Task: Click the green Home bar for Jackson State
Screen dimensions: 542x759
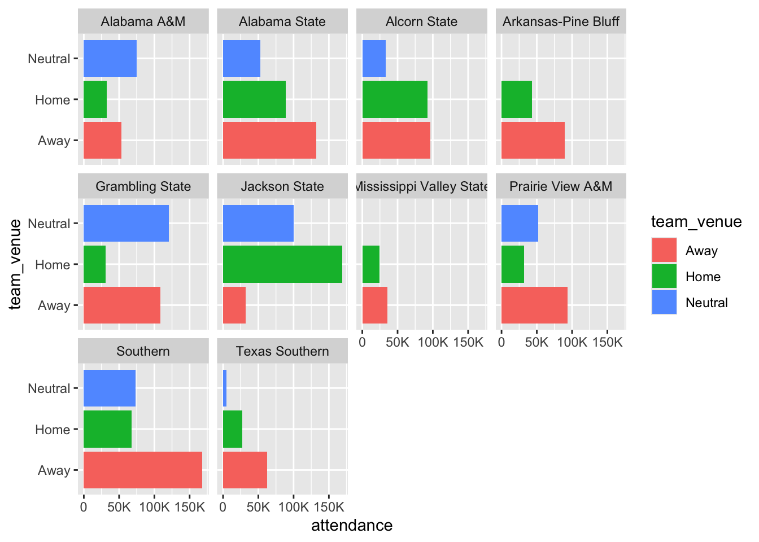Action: click(282, 264)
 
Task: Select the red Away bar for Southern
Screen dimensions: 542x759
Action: click(143, 470)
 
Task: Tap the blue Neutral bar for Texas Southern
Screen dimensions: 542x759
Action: click(225, 388)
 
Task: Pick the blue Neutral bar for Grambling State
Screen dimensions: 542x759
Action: click(126, 224)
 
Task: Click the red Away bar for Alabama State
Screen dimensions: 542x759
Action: click(269, 141)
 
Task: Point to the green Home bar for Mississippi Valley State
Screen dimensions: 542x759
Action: click(371, 264)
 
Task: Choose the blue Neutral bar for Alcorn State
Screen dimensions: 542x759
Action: click(374, 59)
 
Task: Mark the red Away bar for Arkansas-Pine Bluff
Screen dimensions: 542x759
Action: click(533, 141)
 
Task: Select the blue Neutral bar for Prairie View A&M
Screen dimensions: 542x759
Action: click(520, 224)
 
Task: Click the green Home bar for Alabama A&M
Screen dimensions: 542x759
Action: click(95, 99)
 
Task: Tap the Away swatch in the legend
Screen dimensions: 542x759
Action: click(664, 250)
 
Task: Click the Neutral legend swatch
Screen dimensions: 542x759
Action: click(664, 302)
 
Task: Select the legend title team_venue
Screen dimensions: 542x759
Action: click(696, 222)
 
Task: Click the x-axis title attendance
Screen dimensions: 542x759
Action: click(352, 526)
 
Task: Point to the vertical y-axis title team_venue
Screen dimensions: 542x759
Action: click(15, 264)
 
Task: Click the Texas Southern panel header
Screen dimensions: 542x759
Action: click(282, 351)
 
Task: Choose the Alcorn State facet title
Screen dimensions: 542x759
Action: click(421, 21)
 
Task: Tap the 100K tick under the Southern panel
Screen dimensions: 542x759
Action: click(154, 507)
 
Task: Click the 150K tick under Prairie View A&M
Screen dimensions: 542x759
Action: click(607, 343)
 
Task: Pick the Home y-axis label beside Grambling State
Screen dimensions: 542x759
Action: click(53, 265)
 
